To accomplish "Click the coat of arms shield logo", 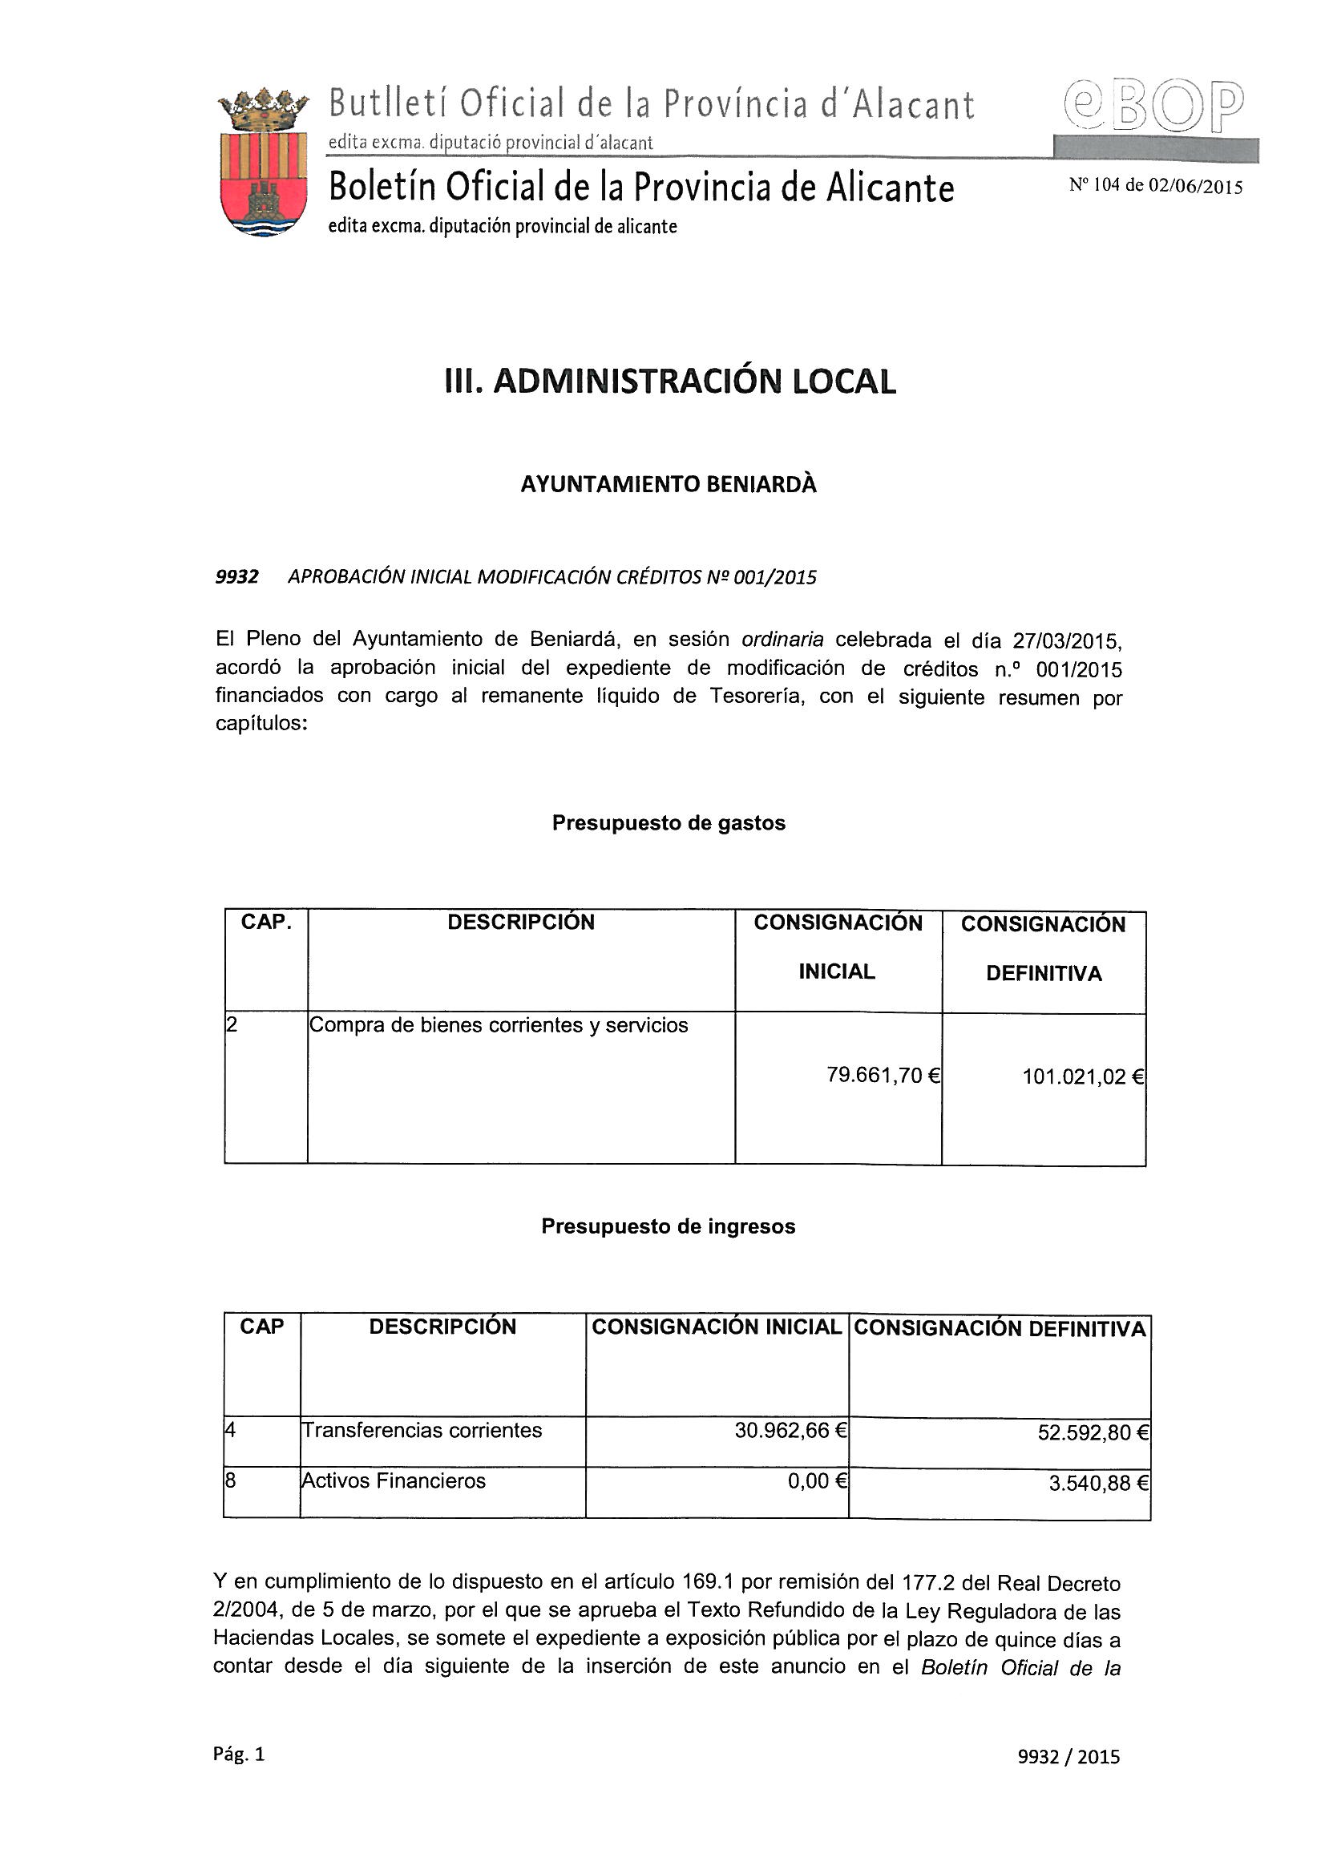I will click(x=263, y=164).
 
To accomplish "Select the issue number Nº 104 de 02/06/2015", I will click(x=1155, y=186).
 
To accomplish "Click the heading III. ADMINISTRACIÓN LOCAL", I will click(x=669, y=382).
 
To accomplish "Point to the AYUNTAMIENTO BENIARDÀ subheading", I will click(x=668, y=485).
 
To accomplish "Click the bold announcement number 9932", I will click(x=236, y=577).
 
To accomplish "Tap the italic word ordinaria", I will click(x=782, y=639).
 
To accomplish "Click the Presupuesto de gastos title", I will click(x=668, y=822).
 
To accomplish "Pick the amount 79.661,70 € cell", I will click(x=883, y=1075).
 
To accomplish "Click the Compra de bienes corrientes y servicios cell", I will click(x=498, y=1025).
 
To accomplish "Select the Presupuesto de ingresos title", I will click(x=668, y=1226).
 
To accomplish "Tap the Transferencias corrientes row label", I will click(x=422, y=1430).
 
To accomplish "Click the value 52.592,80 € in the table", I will click(x=1093, y=1432).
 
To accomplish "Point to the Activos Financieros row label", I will click(x=394, y=1480).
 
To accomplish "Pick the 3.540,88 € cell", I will click(x=1098, y=1483).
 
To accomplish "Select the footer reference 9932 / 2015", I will click(x=1068, y=1757).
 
